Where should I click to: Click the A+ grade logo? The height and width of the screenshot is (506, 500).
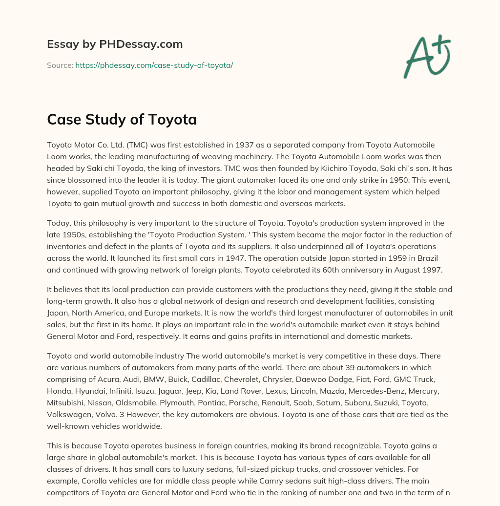pos(427,56)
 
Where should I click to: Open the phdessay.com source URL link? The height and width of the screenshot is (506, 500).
pos(154,65)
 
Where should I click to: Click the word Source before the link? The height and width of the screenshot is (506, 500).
pos(60,65)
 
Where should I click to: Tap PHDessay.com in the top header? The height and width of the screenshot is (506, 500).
pos(142,44)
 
